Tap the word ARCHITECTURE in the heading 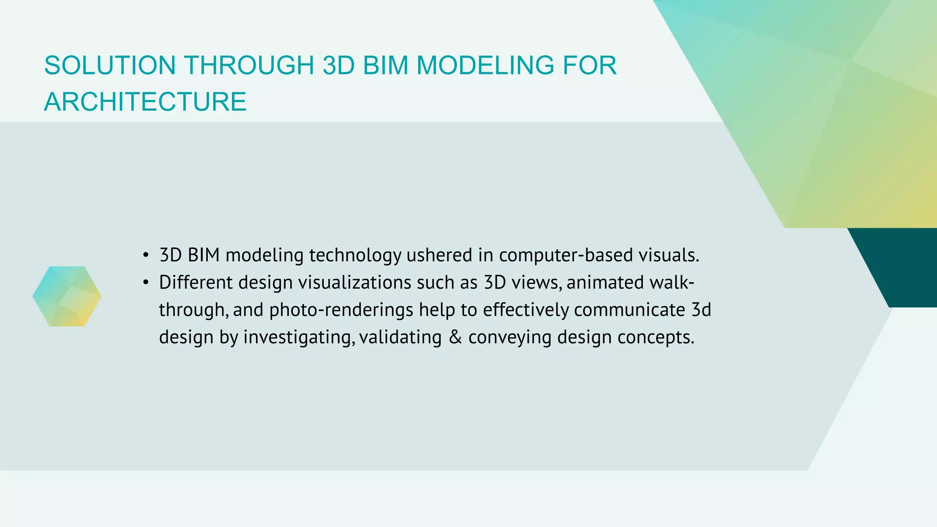[x=145, y=102]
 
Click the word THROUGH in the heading [x=249, y=65]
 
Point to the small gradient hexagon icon [x=67, y=296]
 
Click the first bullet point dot [x=145, y=255]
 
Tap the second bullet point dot [x=145, y=283]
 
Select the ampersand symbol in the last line [x=455, y=337]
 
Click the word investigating [x=299, y=338]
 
